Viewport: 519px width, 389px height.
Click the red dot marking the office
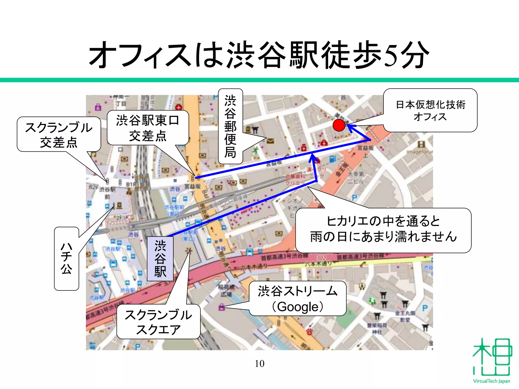(x=339, y=125)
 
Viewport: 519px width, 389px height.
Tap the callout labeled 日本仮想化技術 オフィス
(x=430, y=110)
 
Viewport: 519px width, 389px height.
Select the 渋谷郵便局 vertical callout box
(x=230, y=126)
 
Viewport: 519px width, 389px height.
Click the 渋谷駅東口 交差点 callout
(x=148, y=128)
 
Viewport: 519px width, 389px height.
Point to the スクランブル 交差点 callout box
(x=59, y=134)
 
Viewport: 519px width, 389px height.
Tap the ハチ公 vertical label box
(x=66, y=258)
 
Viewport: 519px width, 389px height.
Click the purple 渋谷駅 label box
(x=160, y=259)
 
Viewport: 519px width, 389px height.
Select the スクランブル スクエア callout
(x=158, y=322)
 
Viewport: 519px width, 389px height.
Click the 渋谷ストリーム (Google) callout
(x=298, y=298)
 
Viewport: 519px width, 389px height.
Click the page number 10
(x=259, y=364)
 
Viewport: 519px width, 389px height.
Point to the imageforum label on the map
(x=420, y=152)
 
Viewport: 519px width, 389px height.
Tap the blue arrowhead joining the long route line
(x=313, y=158)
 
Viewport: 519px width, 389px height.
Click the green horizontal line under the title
(x=259, y=80)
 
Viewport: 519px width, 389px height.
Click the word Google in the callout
(x=298, y=307)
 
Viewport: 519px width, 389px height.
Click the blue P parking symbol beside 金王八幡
(x=425, y=308)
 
